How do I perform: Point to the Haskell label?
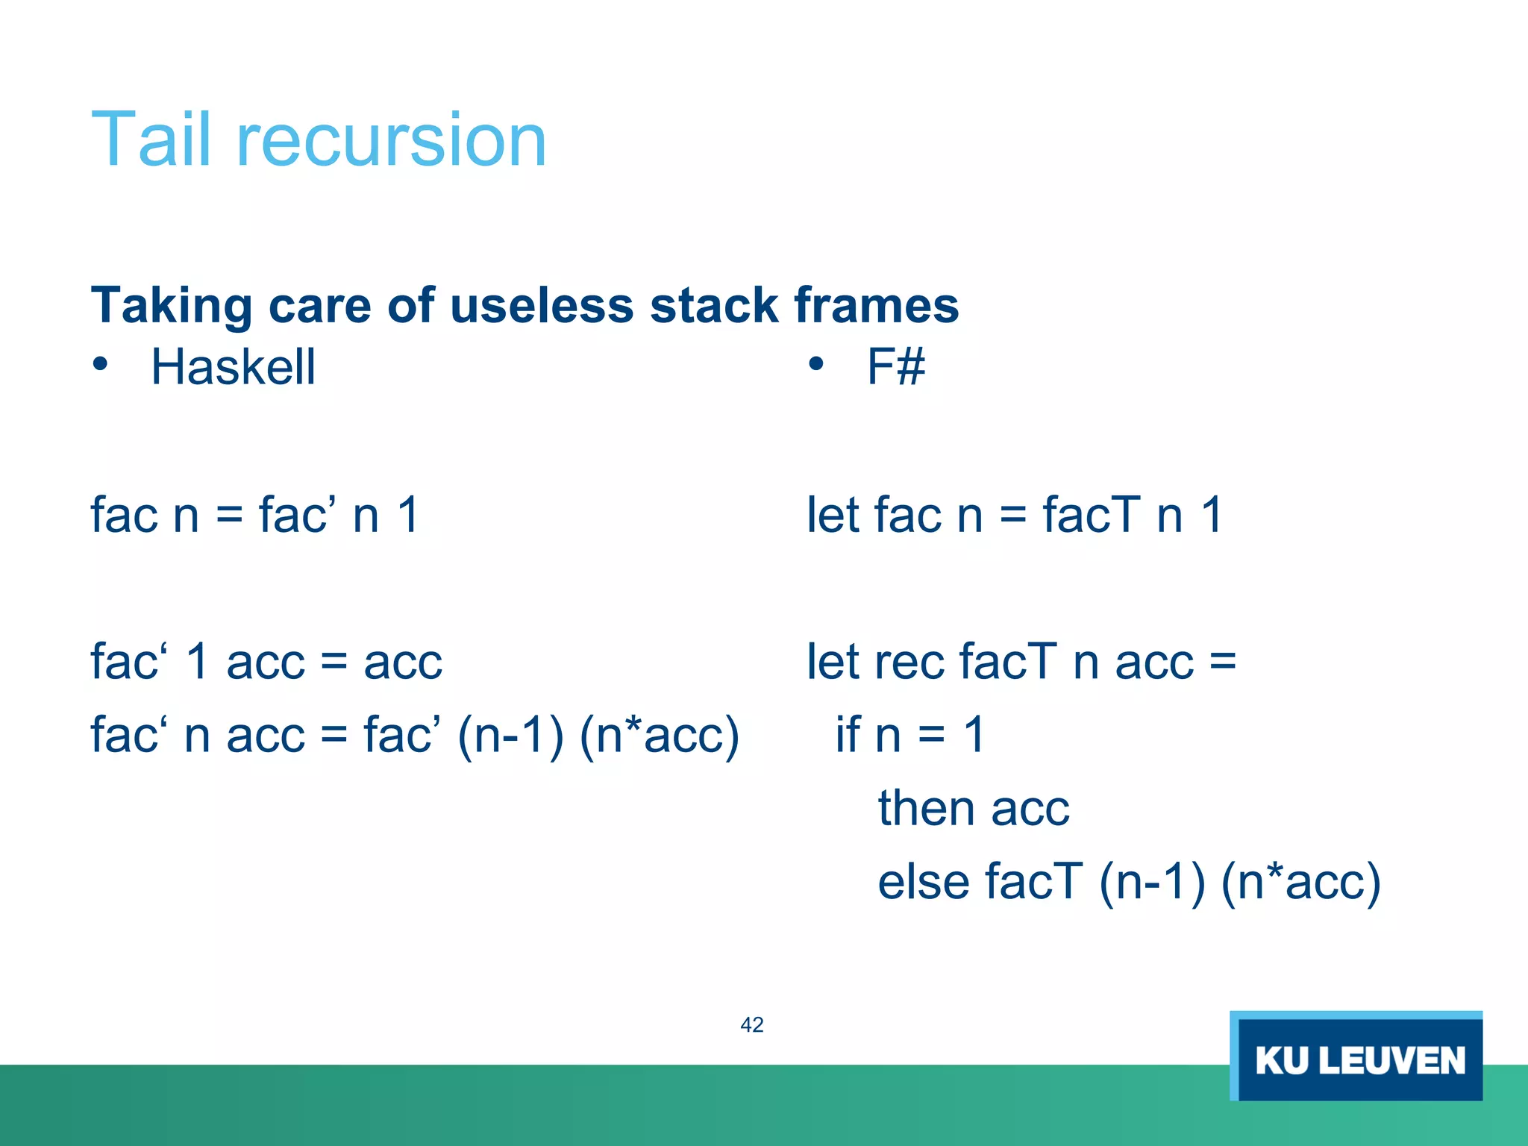tap(234, 367)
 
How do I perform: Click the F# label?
tap(895, 367)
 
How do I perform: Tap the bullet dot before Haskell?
tap(100, 364)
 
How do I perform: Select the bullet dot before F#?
tap(815, 364)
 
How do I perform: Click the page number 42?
tap(752, 1025)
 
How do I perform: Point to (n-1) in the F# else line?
tap(1152, 883)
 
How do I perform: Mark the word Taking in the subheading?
tap(171, 305)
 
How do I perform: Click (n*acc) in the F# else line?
tap(1301, 883)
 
